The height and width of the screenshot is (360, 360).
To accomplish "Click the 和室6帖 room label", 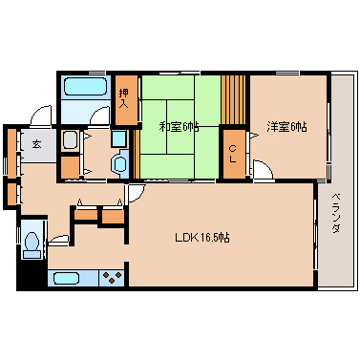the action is coord(179,127).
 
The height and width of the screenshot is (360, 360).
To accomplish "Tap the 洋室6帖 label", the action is coord(286,127).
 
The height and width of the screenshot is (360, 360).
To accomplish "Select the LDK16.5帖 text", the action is coord(202,238).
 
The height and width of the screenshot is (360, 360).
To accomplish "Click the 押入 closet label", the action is coord(124,98).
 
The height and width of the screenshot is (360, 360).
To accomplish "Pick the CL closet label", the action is coord(233,154).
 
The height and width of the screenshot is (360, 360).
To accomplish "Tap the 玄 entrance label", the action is coord(37,144).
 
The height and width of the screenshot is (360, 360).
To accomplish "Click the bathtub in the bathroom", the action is coord(85,86).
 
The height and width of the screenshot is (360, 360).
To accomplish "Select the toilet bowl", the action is coord(32,242).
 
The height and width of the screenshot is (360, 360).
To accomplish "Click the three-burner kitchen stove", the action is coord(112,278).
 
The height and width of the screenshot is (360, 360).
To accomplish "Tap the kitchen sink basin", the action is coord(66,279).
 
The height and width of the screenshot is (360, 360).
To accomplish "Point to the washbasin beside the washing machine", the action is coord(71,139).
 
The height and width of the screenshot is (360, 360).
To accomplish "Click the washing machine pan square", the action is coord(118,138).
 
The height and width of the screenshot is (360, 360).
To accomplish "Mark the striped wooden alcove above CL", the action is coord(233,100).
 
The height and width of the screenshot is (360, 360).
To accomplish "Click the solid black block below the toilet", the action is coord(32,274).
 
